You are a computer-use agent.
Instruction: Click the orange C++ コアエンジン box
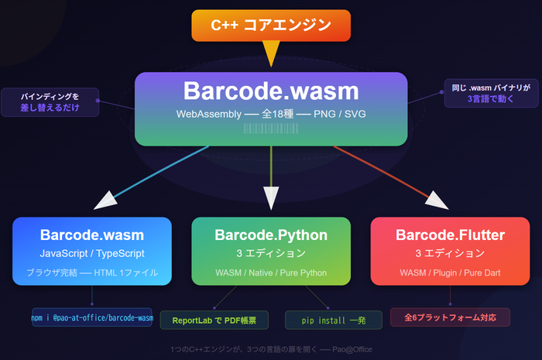click(x=271, y=26)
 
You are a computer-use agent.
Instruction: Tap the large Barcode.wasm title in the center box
click(x=271, y=91)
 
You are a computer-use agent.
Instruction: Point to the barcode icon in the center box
click(x=271, y=131)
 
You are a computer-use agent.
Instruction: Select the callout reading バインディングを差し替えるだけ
click(x=50, y=102)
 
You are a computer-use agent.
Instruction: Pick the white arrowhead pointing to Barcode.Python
click(x=271, y=201)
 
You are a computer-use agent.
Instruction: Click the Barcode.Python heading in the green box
click(x=271, y=235)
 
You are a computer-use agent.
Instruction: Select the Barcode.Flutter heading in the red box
click(x=450, y=235)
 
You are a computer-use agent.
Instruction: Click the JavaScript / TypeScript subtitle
click(x=92, y=253)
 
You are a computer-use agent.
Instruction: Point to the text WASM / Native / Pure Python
click(x=271, y=273)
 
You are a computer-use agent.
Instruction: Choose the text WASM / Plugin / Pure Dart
click(x=450, y=273)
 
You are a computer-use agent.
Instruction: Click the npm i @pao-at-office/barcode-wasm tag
click(x=92, y=317)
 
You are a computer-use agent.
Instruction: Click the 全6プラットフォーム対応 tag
click(x=450, y=317)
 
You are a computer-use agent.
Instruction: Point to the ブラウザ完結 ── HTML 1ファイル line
click(x=92, y=273)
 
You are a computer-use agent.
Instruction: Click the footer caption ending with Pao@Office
click(x=271, y=349)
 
